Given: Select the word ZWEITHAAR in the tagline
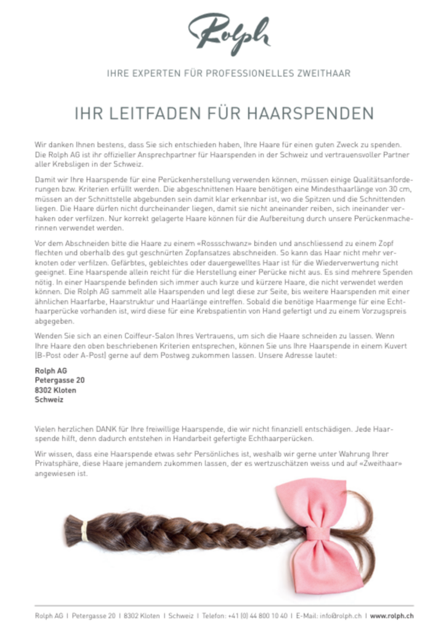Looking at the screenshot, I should point(323,73).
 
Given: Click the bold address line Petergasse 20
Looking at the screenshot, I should point(60,380).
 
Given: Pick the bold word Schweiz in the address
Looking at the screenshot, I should point(49,399).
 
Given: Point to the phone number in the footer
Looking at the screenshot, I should point(259,615).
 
